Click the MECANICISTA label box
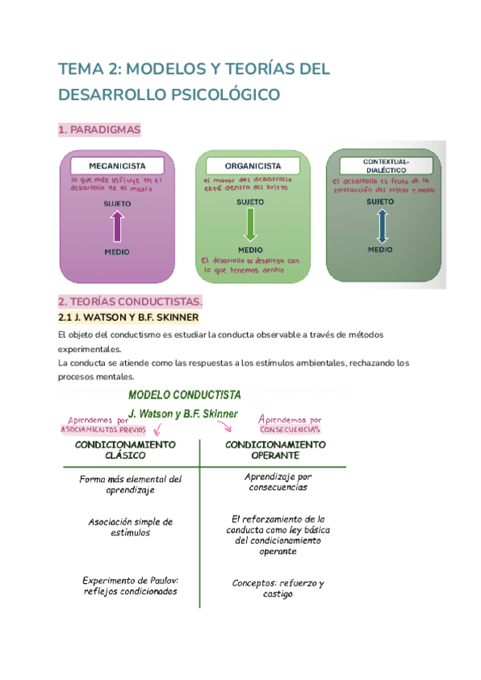pyautogui.click(x=117, y=165)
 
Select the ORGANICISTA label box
pyautogui.click(x=253, y=165)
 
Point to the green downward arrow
pyautogui.click(x=250, y=225)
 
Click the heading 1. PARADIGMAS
pyautogui.click(x=99, y=129)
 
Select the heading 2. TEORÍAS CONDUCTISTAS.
pyautogui.click(x=131, y=302)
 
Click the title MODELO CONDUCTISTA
pyautogui.click(x=184, y=395)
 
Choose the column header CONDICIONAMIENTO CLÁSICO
pyautogui.click(x=125, y=449)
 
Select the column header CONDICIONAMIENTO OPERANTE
pyautogui.click(x=275, y=449)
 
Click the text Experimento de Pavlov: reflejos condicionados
pyautogui.click(x=130, y=586)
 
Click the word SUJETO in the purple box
pyautogui.click(x=117, y=204)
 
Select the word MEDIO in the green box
pyautogui.click(x=250, y=249)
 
